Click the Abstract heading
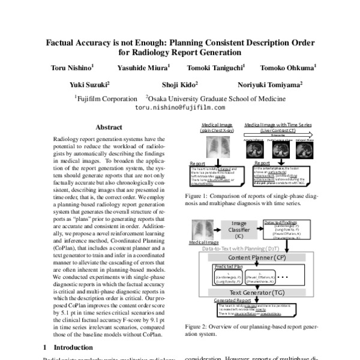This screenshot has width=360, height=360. [109, 127]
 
